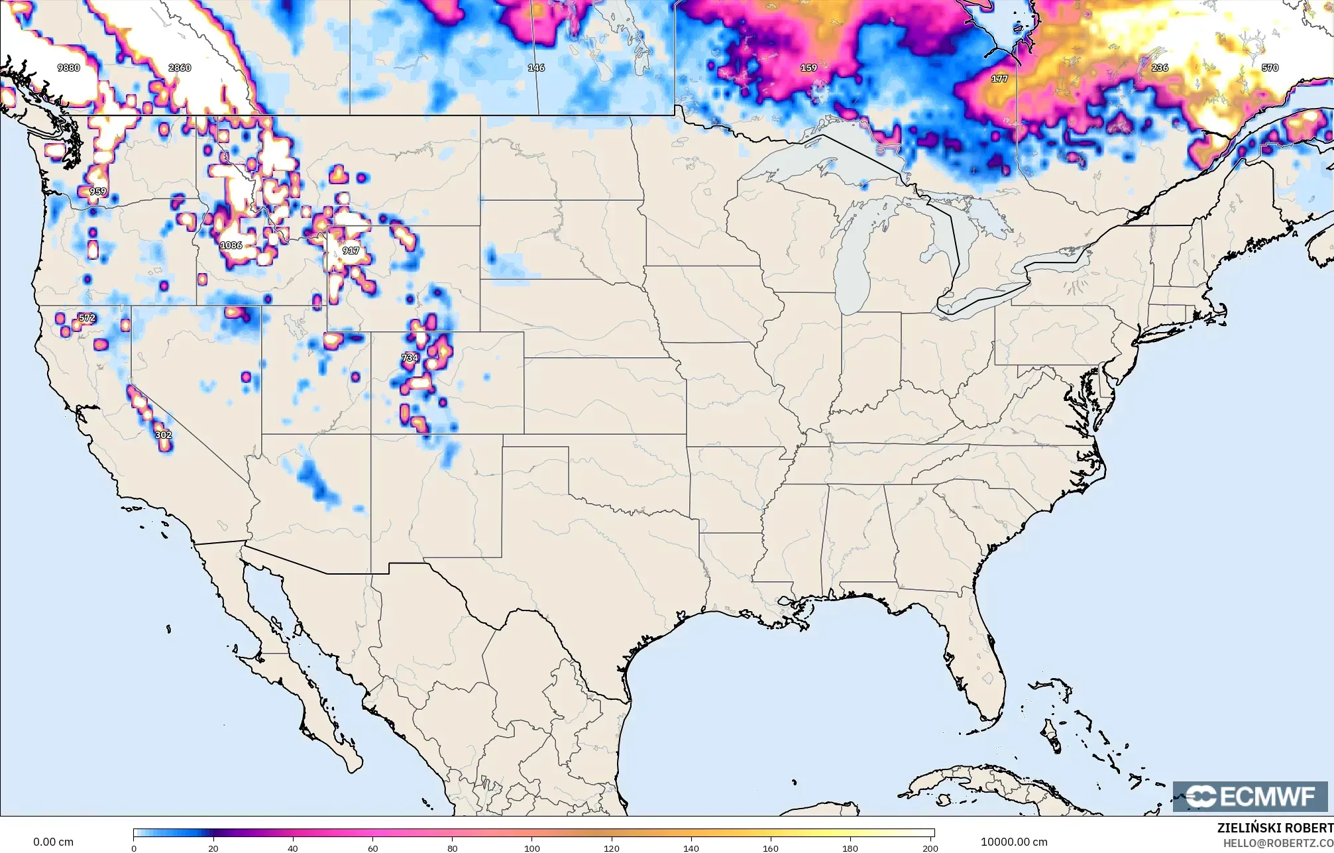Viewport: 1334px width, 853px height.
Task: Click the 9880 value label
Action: point(69,68)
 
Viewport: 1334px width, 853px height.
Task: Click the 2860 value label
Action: point(180,68)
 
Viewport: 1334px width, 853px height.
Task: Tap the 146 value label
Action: point(536,68)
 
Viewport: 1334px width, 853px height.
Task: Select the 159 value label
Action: point(808,68)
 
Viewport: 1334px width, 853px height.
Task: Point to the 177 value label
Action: point(999,79)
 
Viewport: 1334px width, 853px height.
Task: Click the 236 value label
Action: point(1160,68)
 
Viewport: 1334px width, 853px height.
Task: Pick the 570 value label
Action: point(1270,68)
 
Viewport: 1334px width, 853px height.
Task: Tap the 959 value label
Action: point(97,192)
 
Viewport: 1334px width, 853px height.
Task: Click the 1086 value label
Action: point(231,245)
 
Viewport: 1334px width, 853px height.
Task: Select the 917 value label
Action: point(351,251)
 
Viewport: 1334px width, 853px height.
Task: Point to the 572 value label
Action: point(87,318)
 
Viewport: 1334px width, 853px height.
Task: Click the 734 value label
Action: point(410,358)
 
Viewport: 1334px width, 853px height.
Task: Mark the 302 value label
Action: point(163,435)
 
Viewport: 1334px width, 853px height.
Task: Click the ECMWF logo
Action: point(1250,796)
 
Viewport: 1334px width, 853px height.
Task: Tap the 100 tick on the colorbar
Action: point(532,848)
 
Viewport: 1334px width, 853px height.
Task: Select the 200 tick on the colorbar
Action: point(930,848)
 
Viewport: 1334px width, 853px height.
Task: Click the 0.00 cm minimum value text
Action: point(53,842)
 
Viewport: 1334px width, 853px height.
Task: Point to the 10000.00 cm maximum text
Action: point(1014,842)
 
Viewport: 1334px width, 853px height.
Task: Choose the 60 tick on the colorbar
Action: point(373,848)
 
